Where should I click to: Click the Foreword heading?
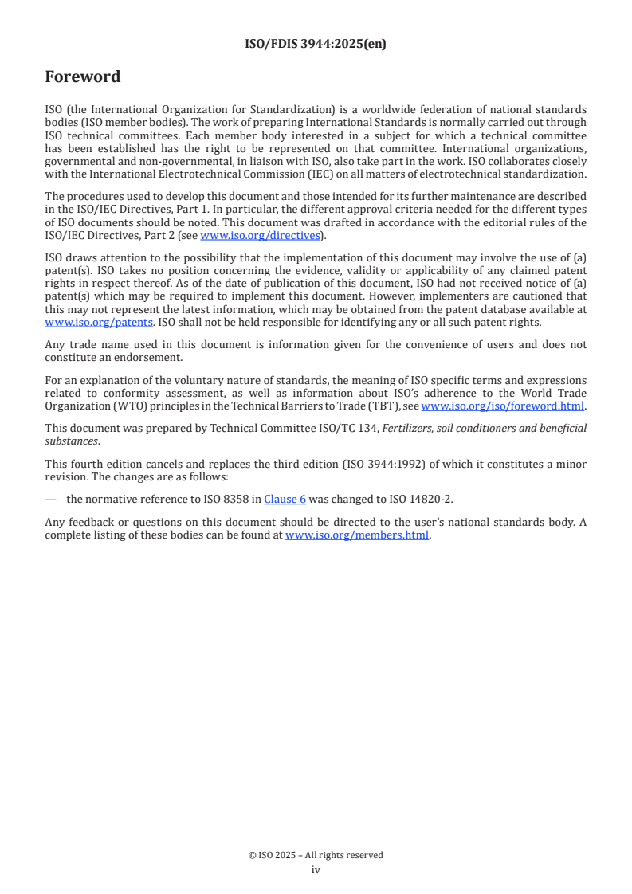tap(82, 77)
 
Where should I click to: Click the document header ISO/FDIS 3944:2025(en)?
tap(316, 45)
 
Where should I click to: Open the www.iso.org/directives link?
tap(259, 235)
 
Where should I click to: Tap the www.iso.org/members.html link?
tap(357, 535)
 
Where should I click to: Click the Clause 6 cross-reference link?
tap(285, 500)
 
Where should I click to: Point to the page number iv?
tap(316, 870)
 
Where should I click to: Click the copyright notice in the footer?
tap(316, 855)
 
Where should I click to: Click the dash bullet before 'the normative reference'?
tap(51, 500)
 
